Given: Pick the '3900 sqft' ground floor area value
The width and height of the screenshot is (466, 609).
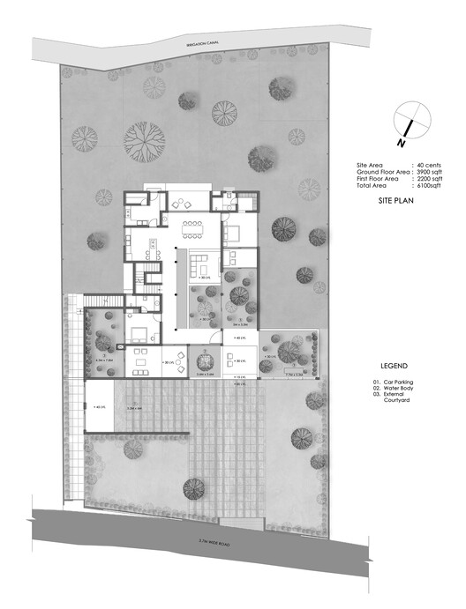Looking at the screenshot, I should point(429,173).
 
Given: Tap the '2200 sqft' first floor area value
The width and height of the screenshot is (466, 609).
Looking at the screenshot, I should point(429,180).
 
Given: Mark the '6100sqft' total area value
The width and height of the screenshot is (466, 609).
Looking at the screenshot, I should point(429,187).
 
